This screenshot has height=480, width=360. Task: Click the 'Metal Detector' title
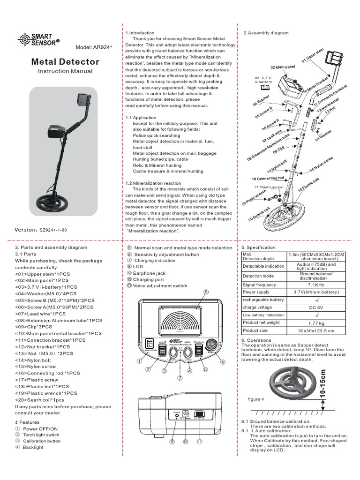tap(65, 61)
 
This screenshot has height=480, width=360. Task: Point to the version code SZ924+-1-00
tap(54, 230)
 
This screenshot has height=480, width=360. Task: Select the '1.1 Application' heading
tap(137, 118)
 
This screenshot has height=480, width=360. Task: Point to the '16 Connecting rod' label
tap(267, 179)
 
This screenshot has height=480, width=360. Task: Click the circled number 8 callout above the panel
tap(205, 292)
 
